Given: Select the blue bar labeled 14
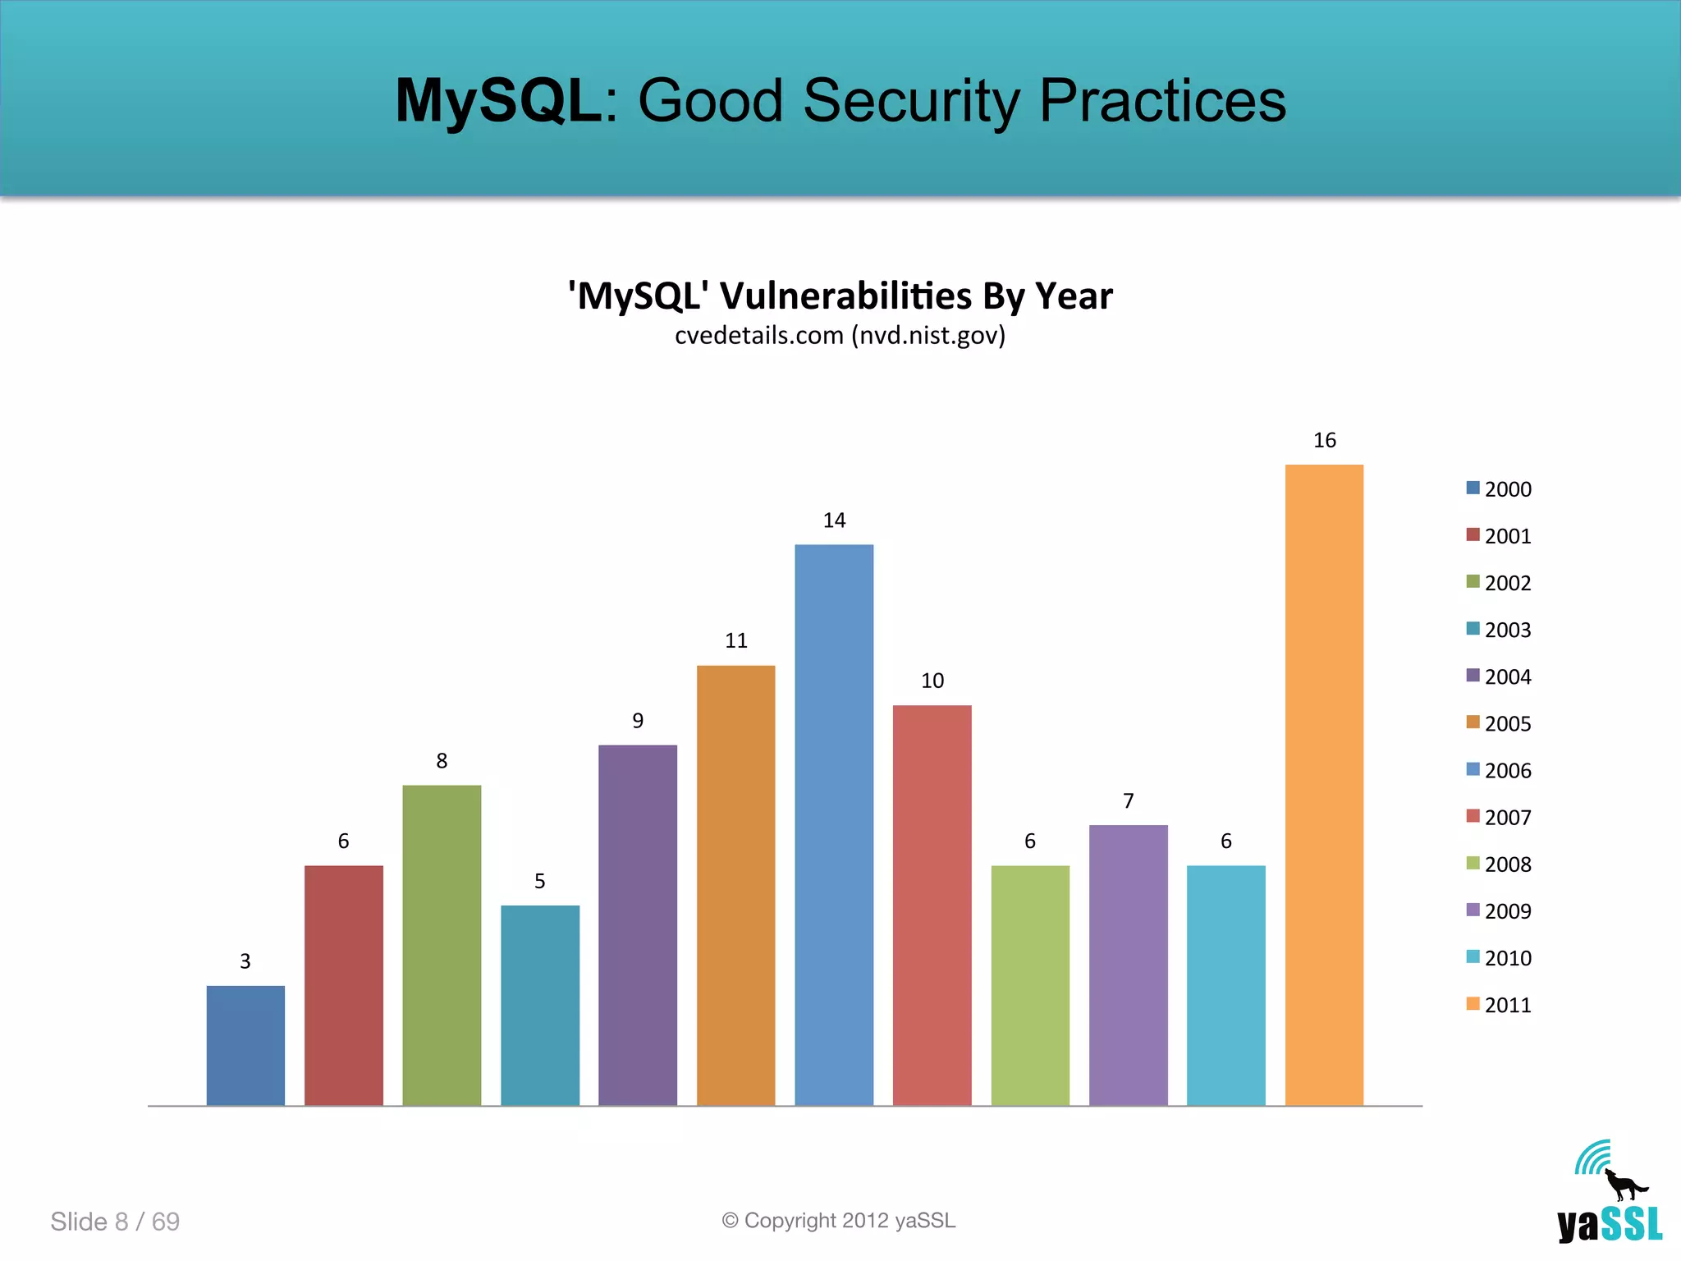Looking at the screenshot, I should click(834, 824).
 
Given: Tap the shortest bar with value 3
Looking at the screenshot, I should click(245, 1045).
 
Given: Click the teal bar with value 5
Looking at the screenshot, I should click(540, 1005).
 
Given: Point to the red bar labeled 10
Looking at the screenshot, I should click(932, 905).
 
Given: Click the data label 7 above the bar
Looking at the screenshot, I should click(1129, 800).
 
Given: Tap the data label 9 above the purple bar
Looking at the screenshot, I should click(638, 721).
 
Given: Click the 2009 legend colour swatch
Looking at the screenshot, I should click(1473, 910).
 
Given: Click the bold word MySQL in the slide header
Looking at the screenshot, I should click(498, 101).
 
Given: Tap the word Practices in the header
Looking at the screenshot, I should click(1162, 101).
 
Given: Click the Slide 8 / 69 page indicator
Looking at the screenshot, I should click(115, 1222).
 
